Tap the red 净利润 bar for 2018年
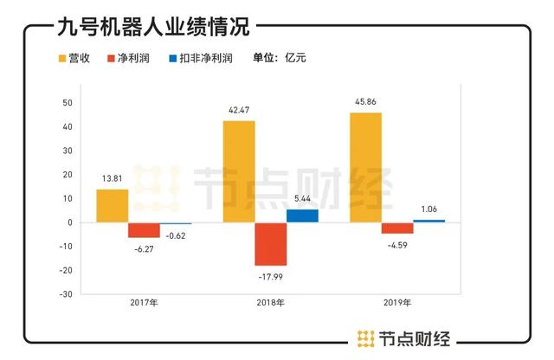click(x=270, y=243)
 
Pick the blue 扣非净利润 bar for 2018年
click(x=302, y=215)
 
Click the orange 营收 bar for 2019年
click(x=365, y=167)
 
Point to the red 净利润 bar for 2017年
click(x=145, y=229)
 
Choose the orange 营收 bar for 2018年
click(x=239, y=171)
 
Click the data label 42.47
click(x=239, y=109)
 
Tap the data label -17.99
click(x=270, y=277)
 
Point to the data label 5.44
click(x=302, y=198)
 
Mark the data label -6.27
click(x=145, y=249)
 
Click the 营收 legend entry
click(x=75, y=59)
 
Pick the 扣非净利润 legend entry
click(x=201, y=59)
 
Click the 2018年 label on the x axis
click(x=271, y=304)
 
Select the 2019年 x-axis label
click(x=397, y=304)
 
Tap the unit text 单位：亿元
click(x=279, y=59)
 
